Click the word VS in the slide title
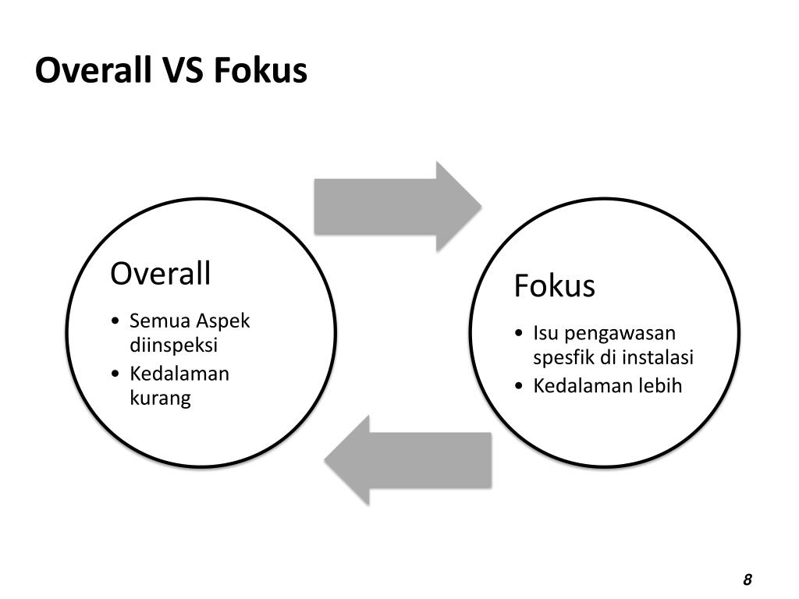(x=183, y=71)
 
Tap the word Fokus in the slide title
(x=260, y=71)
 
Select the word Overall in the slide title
(x=92, y=71)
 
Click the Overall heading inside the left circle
(x=161, y=274)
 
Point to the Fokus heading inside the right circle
(x=554, y=286)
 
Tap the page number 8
(x=748, y=580)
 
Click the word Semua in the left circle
(x=159, y=321)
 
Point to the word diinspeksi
(x=173, y=345)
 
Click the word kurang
(x=160, y=399)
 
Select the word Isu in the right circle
(x=546, y=334)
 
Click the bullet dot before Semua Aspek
(x=115, y=321)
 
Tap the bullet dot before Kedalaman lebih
(x=520, y=385)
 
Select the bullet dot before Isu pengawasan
(x=520, y=334)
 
